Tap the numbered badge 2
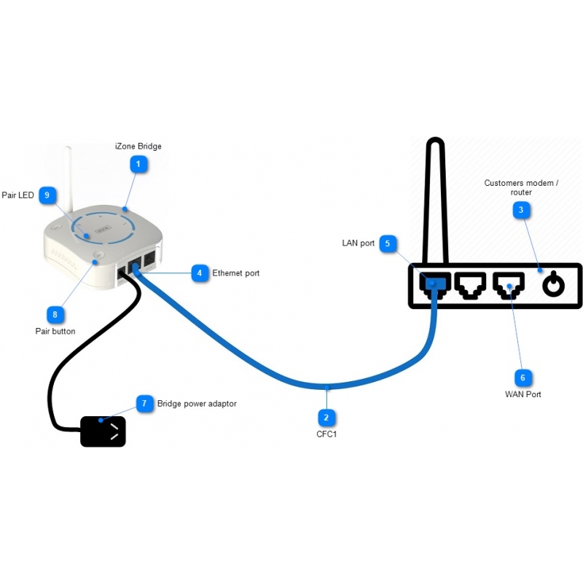tap(326, 418)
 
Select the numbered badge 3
tap(521, 211)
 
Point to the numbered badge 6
tap(522, 377)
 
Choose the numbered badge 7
tap(145, 403)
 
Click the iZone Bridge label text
tap(138, 146)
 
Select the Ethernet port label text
tap(236, 273)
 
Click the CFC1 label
tap(326, 434)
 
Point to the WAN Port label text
tap(523, 394)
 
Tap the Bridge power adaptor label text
tap(197, 403)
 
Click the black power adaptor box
tap(103, 431)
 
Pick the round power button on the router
tap(554, 284)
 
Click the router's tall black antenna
tap(435, 197)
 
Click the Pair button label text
tap(55, 332)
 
